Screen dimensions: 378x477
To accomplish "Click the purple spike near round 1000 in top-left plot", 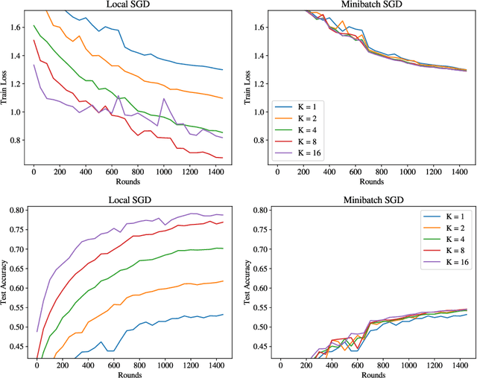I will tap(164, 98).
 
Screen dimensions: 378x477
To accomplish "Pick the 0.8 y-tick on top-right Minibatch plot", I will tap(259, 140).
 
